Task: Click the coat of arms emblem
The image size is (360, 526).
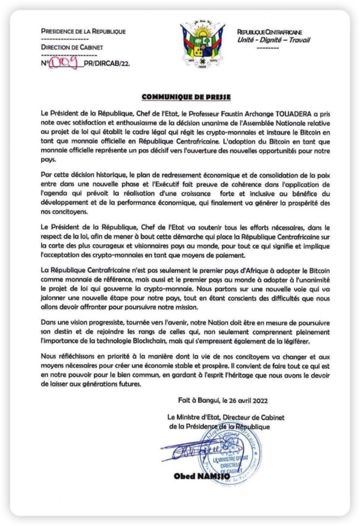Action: click(x=202, y=44)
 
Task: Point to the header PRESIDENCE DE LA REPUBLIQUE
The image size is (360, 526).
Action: click(x=83, y=31)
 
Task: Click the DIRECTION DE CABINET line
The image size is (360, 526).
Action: click(x=72, y=48)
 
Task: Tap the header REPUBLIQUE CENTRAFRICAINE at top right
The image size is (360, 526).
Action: click(x=269, y=33)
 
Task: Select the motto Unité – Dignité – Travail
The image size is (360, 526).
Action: click(x=273, y=40)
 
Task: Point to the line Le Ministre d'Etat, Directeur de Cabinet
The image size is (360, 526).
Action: click(x=226, y=418)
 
